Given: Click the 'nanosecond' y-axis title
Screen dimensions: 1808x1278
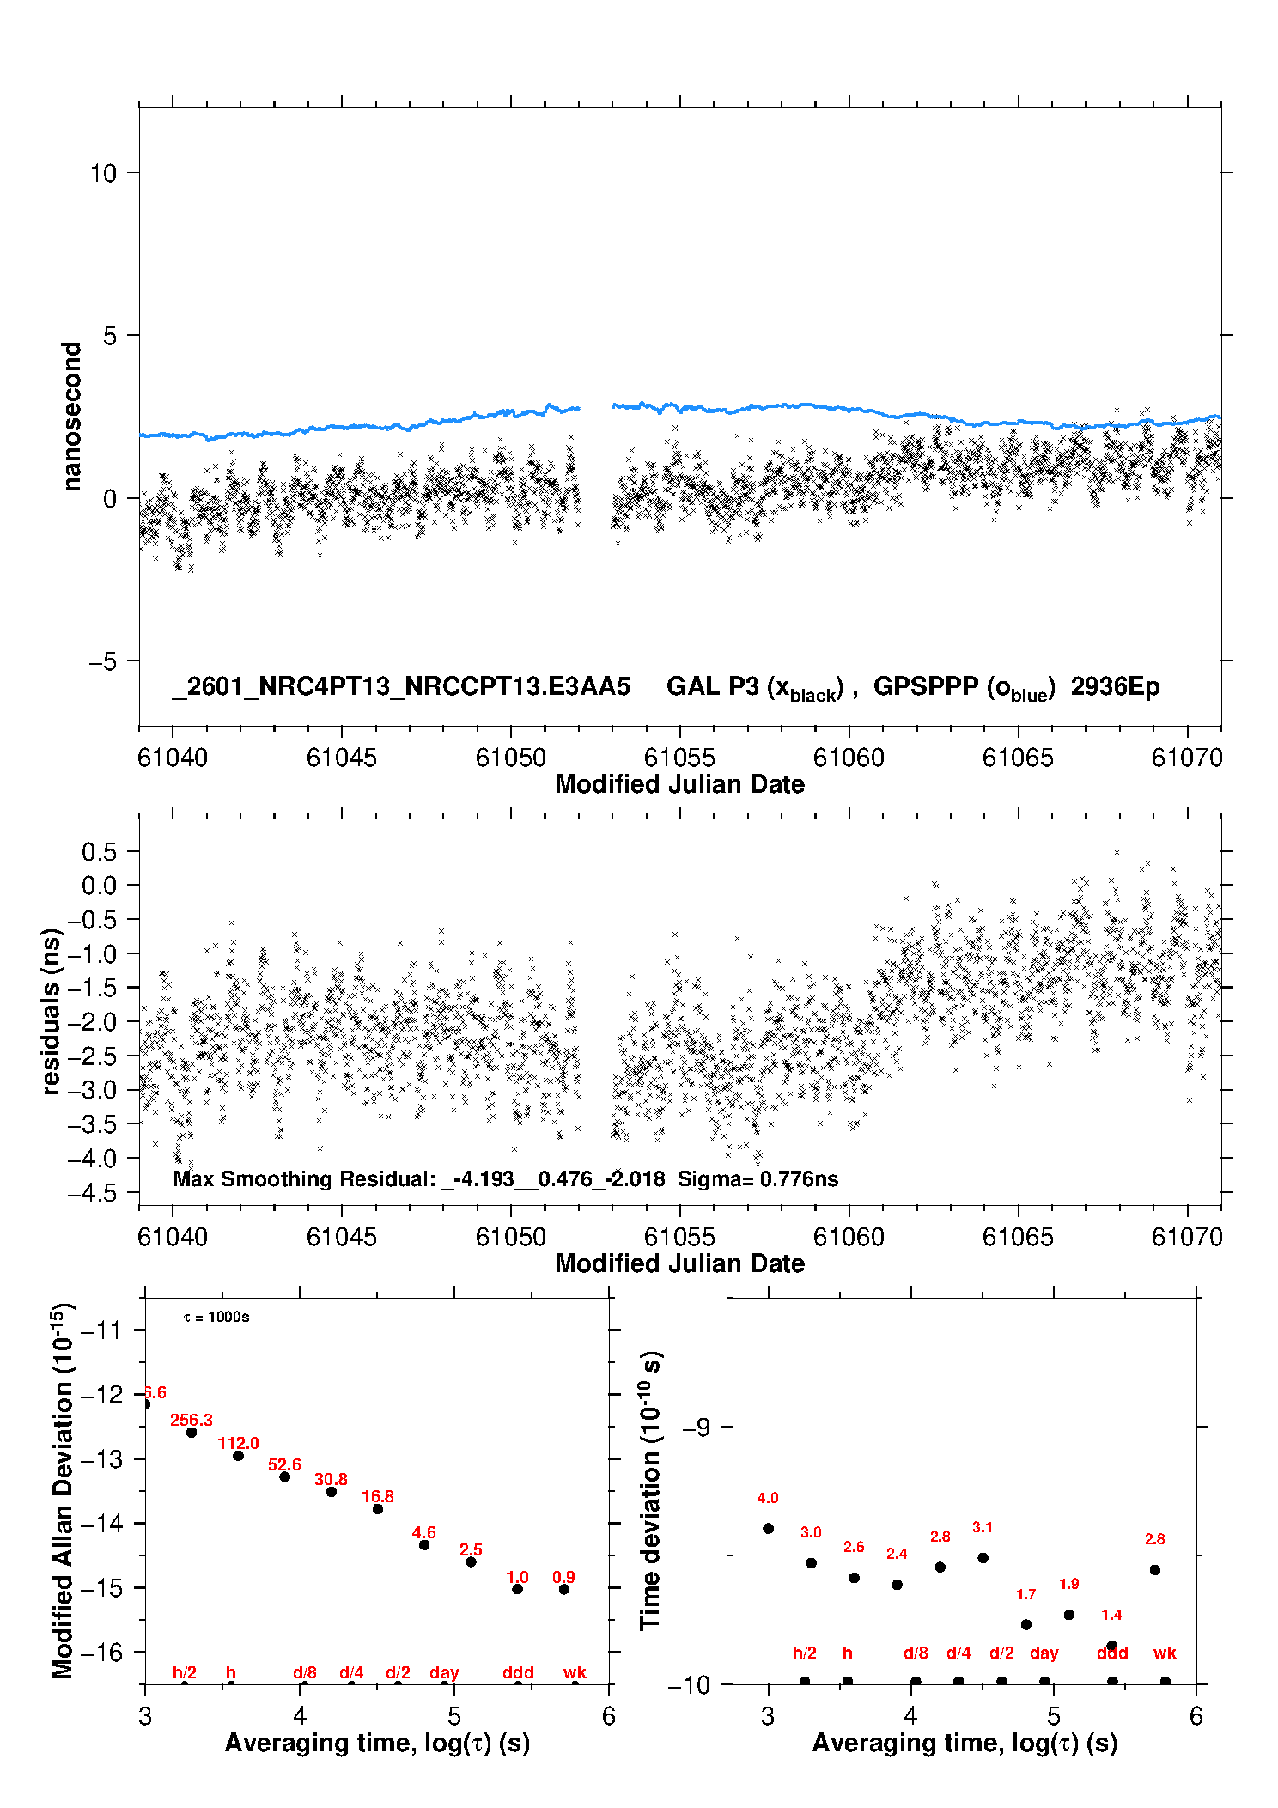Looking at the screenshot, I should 72,416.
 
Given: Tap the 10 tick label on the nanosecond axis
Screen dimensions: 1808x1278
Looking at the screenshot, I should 103,173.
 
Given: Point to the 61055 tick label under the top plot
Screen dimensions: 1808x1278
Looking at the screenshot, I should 679,758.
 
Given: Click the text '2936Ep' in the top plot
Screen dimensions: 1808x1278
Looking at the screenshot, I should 1115,687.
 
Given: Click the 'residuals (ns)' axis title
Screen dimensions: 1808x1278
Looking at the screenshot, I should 52,1011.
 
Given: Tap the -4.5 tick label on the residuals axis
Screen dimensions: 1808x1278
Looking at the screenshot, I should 99,1193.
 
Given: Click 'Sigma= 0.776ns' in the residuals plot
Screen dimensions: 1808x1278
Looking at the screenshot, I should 758,1179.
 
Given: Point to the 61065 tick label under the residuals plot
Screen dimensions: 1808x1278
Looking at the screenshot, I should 1018,1237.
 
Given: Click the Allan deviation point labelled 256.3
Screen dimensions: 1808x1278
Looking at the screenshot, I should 192,1433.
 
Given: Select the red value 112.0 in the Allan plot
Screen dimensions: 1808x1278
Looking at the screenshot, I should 238,1444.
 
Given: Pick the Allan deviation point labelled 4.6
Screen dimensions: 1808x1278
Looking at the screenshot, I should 424,1545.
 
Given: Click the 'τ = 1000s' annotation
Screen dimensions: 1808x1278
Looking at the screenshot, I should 216,1318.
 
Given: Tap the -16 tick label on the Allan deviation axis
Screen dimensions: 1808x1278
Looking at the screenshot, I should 101,1653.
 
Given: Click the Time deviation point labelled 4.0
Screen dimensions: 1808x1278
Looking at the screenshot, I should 768,1528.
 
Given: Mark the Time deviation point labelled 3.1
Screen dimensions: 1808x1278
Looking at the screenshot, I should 983,1558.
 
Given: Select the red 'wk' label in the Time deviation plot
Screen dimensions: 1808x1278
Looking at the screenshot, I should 1165,1653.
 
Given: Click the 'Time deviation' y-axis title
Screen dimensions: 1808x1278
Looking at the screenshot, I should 651,1491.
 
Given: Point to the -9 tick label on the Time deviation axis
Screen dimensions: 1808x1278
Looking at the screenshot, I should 696,1428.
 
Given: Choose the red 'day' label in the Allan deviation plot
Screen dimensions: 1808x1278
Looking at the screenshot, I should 444,1673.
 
